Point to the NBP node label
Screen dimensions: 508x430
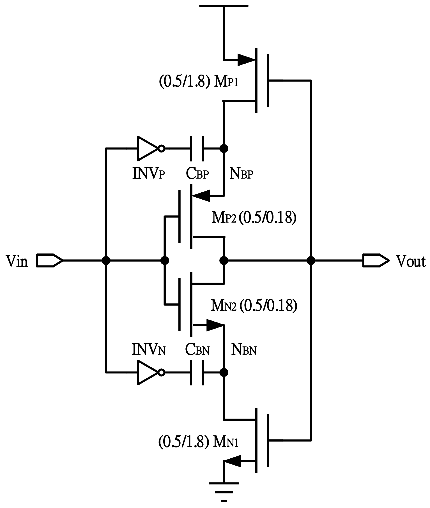(x=241, y=174)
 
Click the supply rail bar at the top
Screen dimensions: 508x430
(x=224, y=6)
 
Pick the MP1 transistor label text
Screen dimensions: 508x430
(x=226, y=82)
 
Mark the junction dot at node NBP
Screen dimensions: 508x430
(x=224, y=148)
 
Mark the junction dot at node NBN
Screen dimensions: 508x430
(x=224, y=372)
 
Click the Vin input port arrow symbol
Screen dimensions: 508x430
(x=49, y=260)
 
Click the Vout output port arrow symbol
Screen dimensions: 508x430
(x=376, y=260)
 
